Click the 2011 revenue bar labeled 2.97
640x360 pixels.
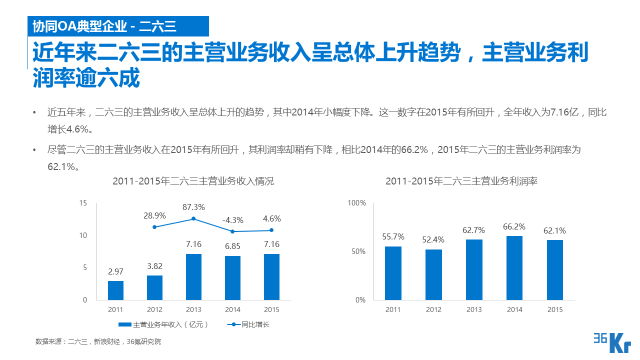(x=115, y=290)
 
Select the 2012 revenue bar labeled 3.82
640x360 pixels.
(x=154, y=287)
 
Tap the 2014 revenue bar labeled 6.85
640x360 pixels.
(x=232, y=278)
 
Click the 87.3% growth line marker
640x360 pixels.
(x=193, y=218)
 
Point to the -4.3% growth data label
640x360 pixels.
(x=232, y=220)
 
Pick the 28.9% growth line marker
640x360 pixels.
(x=154, y=227)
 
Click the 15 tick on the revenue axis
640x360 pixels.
(x=83, y=203)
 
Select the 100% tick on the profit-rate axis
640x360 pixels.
(x=357, y=203)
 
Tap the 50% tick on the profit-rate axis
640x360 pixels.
(x=358, y=251)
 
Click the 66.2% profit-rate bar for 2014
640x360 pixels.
(x=514, y=268)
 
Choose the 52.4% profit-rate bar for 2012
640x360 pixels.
(x=433, y=274)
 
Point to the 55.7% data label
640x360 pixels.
(x=393, y=236)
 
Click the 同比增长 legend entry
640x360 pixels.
(x=249, y=324)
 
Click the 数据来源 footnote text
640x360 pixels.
(x=98, y=342)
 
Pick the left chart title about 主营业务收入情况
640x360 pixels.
(x=193, y=181)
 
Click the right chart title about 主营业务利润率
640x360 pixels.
(x=461, y=181)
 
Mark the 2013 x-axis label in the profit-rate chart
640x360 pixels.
(x=474, y=309)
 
